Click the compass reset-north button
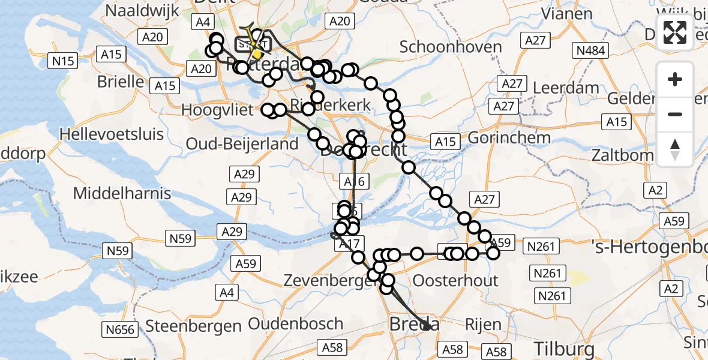(x=675, y=149)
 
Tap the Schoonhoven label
(x=442, y=47)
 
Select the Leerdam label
(x=566, y=88)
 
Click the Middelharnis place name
(x=122, y=193)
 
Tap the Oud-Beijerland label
(x=242, y=144)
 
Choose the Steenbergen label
(x=193, y=326)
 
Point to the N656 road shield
(x=121, y=329)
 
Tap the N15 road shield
(x=63, y=61)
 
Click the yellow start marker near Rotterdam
(x=257, y=54)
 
